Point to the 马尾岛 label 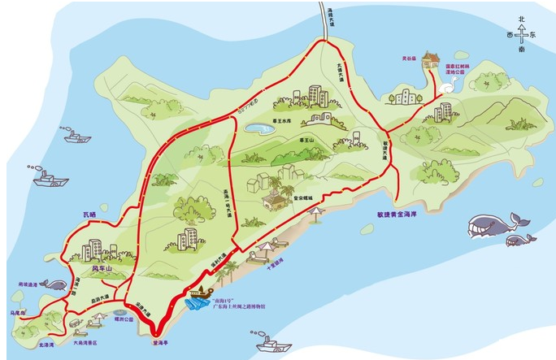pyautogui.click(x=17, y=312)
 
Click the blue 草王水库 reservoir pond pyautogui.click(x=259, y=128)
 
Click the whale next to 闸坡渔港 pyautogui.click(x=54, y=284)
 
